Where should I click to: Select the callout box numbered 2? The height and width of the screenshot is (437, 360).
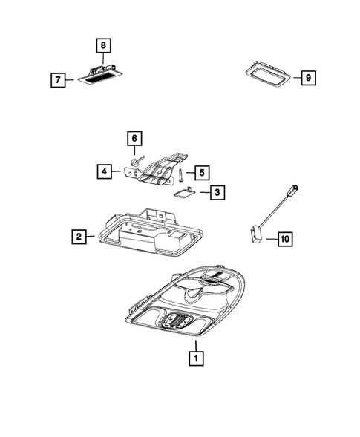coord(76,237)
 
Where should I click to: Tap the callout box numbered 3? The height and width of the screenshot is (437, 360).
coord(217,193)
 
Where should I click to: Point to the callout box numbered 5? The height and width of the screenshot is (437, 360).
coord(200,172)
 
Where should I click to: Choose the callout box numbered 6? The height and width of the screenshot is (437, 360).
coord(134,139)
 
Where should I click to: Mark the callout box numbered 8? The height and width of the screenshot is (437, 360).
coord(105,45)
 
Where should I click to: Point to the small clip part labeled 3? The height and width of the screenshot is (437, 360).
coord(183,191)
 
